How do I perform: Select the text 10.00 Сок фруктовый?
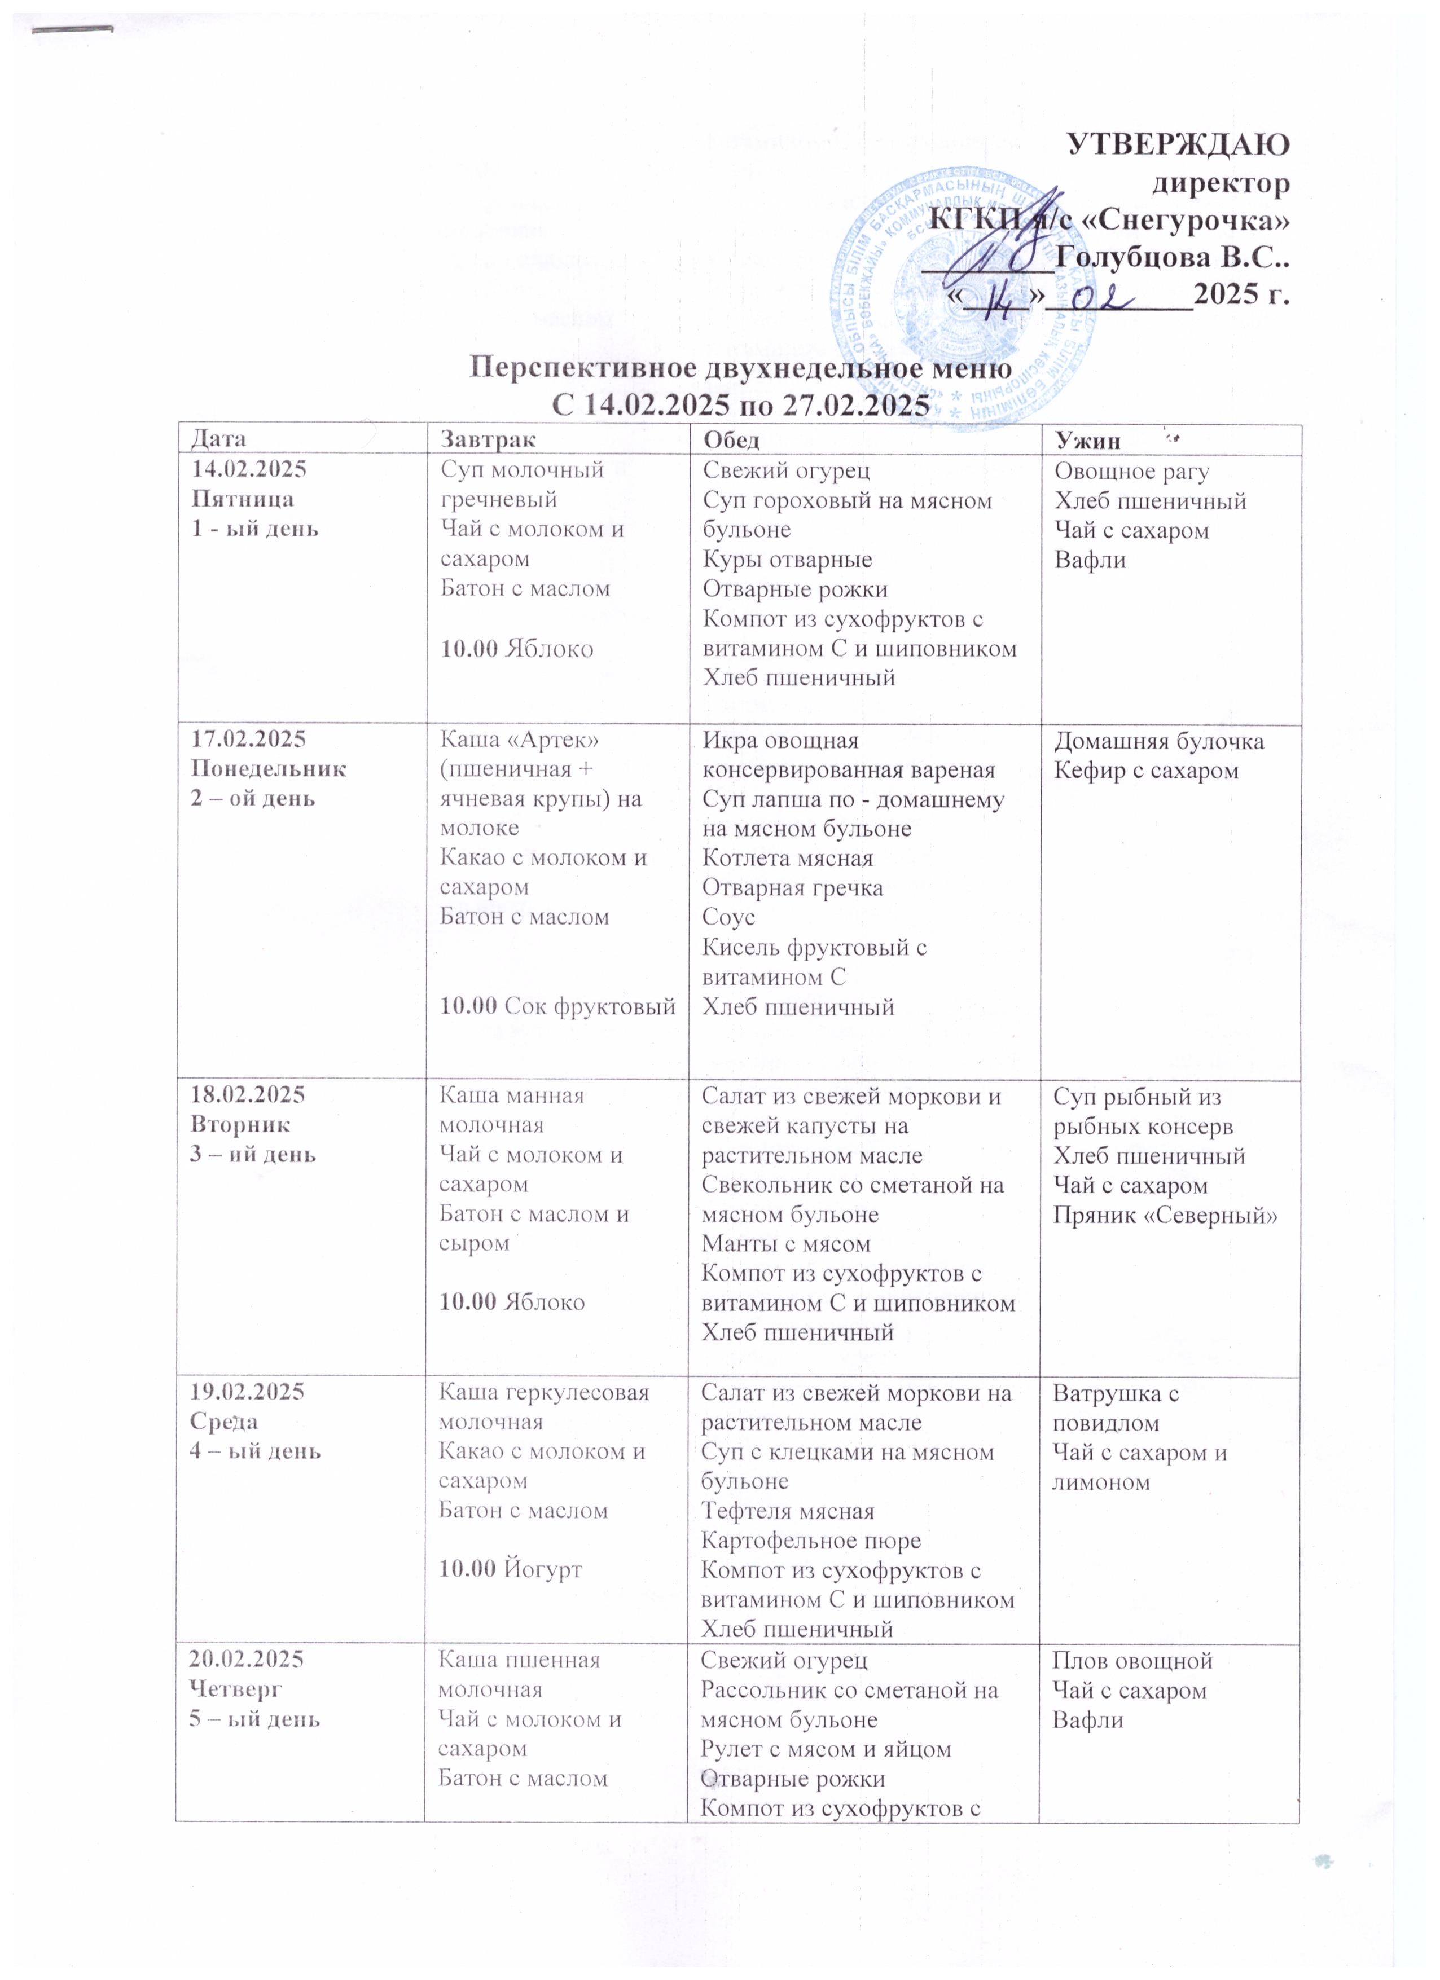coord(557,1006)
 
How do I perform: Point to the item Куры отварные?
coord(787,558)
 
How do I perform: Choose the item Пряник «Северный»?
coord(1165,1215)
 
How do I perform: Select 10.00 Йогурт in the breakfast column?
coord(510,1568)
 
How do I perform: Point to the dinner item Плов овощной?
coord(1132,1660)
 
